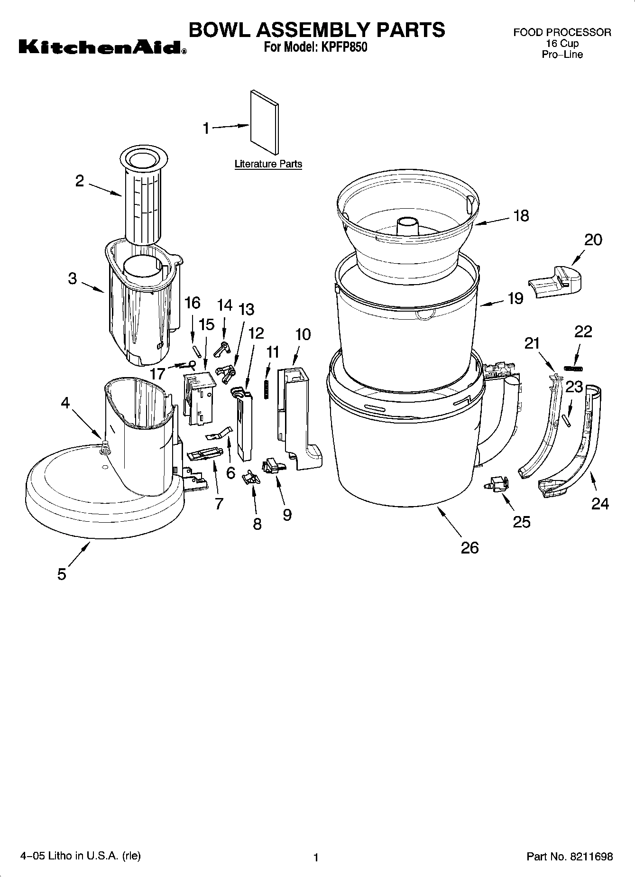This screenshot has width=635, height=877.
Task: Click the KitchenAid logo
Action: [x=102, y=48]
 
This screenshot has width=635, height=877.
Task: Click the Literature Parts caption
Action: [x=268, y=164]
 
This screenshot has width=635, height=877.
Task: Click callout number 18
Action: [x=521, y=216]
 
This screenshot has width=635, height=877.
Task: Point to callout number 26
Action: [x=469, y=548]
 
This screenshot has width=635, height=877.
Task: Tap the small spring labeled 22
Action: [x=573, y=368]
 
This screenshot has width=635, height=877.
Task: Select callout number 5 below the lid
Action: [x=62, y=574]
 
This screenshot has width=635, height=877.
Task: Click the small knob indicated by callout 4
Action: [x=105, y=446]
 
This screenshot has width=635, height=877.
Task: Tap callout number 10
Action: [x=303, y=334]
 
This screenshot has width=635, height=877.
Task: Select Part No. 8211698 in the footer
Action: [x=570, y=857]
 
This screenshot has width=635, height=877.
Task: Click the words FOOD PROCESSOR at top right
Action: [x=562, y=33]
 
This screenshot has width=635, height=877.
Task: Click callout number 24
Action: [x=599, y=503]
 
